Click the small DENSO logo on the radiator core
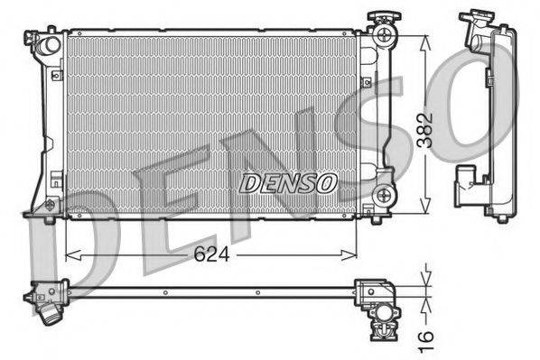coord(288,182)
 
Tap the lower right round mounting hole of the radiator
coord(386,193)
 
